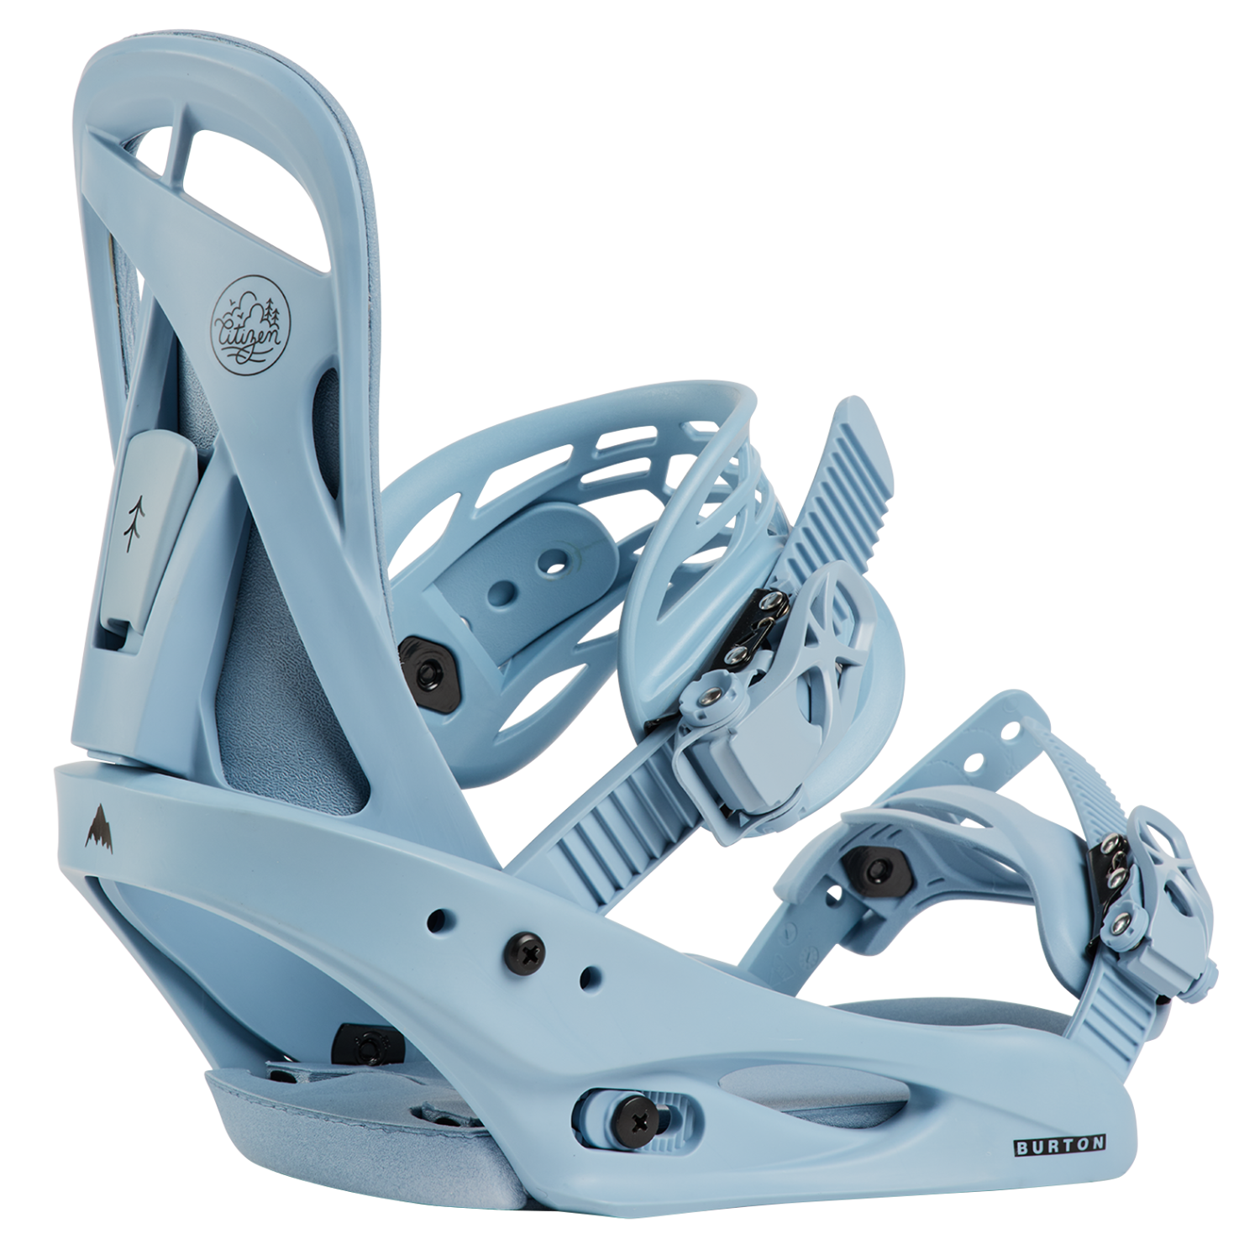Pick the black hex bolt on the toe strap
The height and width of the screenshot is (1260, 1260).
[x=879, y=869]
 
